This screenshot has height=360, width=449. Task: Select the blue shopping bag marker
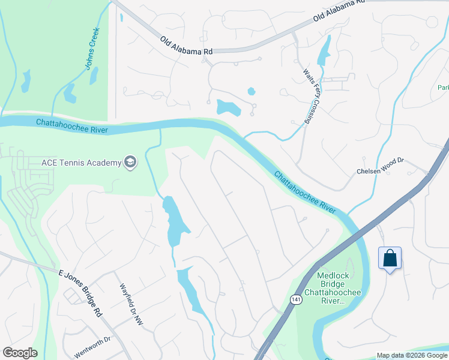pos(390,259)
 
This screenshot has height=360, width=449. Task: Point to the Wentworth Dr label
pos(93,347)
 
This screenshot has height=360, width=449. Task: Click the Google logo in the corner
pos(20,353)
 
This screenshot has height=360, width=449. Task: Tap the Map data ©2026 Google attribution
pos(412,355)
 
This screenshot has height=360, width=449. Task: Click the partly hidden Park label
pos(443,88)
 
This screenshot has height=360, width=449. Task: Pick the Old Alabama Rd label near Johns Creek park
pos(187,46)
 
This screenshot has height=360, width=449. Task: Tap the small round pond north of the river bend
pos(251,92)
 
